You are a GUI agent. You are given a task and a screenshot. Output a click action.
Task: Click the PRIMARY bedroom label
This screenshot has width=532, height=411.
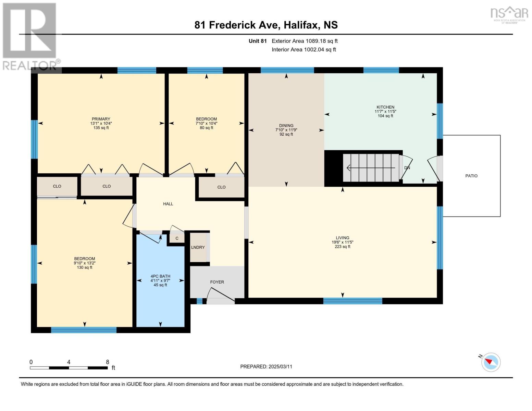pos(101,119)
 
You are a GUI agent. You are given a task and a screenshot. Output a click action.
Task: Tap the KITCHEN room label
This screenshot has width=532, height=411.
pos(385,107)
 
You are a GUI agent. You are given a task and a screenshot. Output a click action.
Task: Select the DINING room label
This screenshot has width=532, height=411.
pos(286,126)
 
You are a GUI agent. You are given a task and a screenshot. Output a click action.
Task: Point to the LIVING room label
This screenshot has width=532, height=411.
pos(342,238)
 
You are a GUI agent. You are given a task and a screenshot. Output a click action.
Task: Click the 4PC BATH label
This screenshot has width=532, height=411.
pos(160,276)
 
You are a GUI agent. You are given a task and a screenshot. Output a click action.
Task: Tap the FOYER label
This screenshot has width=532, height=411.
pos(217,282)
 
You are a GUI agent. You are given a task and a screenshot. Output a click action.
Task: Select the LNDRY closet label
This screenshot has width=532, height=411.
pos(198,247)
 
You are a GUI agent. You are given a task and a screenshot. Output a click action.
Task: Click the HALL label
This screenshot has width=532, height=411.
pos(168,204)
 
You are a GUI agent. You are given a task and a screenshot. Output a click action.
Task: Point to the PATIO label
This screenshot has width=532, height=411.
pos(471,176)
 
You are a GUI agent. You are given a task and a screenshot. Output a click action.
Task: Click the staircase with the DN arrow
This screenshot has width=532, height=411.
pos(372,168)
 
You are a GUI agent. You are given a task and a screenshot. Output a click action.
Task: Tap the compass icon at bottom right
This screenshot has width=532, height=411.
pos(491,362)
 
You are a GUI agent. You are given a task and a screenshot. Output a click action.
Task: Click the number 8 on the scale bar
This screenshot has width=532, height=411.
pos(108,362)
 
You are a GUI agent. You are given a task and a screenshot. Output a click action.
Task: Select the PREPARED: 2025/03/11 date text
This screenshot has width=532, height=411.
pos(266,366)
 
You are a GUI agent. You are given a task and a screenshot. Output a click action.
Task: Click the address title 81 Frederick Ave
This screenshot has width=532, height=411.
pos(266,25)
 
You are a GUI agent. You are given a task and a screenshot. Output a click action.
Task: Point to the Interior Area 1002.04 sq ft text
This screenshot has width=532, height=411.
pos(304,50)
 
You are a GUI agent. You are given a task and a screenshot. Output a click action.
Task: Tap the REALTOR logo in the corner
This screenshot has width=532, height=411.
pos(30,36)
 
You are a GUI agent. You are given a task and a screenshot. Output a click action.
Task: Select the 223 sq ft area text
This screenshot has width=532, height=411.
pos(342,247)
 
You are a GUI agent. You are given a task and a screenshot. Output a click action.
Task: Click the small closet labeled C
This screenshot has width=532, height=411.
pos(177,238)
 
